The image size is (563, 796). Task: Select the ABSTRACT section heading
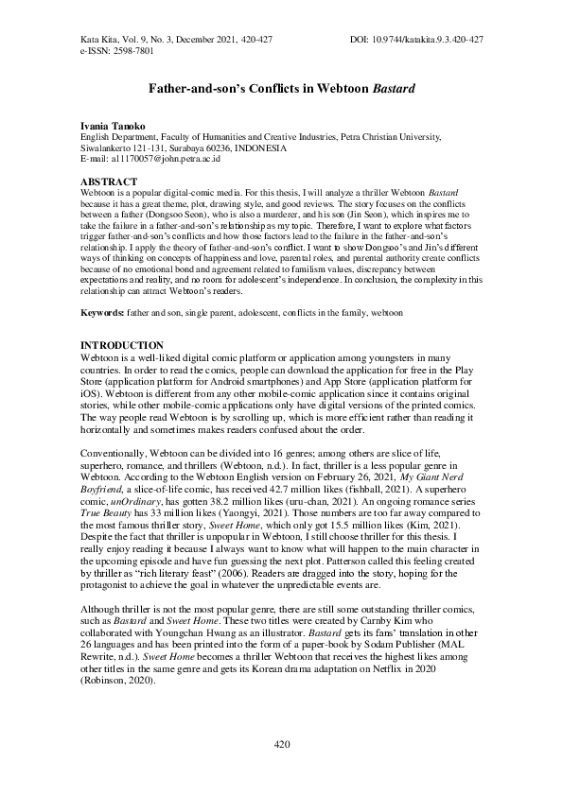pos(107,180)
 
